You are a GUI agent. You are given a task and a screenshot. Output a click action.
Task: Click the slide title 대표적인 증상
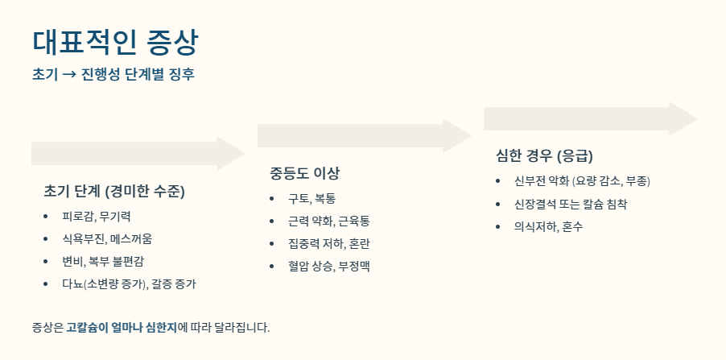coord(115,42)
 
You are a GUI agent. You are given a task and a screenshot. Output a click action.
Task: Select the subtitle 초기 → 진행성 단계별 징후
coord(113,75)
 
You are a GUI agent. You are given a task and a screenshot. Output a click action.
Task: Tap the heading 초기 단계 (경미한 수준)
coord(114,192)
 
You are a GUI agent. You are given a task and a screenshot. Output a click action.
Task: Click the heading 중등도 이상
coord(305,173)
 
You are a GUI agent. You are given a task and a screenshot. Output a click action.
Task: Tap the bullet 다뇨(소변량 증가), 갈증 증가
coord(129,283)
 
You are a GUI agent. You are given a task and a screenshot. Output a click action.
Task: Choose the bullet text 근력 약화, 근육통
coord(329,220)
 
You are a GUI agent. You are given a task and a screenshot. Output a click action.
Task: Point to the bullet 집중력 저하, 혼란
coord(329,242)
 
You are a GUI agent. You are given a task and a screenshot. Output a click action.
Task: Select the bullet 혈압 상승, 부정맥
coord(329,265)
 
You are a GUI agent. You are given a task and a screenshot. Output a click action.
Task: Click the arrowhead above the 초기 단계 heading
coord(230,153)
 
